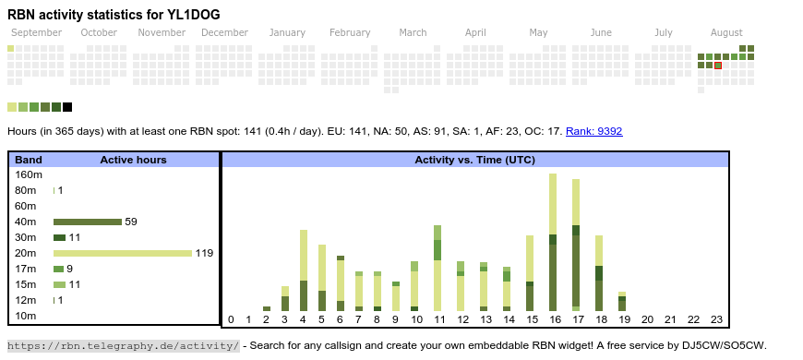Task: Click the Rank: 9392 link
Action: pos(594,131)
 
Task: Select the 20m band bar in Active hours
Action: pos(123,253)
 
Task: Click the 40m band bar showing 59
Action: pos(88,222)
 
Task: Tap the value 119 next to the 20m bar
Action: pos(204,253)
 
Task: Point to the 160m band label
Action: pos(29,174)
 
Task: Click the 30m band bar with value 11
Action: pos(59,237)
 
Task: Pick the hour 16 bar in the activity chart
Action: pos(553,242)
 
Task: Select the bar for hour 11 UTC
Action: pos(437,269)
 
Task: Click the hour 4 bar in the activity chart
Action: pos(303,270)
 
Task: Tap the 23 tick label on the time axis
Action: pos(716,319)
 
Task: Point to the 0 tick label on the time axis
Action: pos(231,319)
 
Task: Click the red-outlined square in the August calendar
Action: pos(718,65)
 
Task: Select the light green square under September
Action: pos(11,49)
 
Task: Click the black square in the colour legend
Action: pos(67,107)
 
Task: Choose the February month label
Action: pos(350,32)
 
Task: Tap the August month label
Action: pos(726,32)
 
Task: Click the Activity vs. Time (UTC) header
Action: pos(474,160)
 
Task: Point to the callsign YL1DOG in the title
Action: pos(194,15)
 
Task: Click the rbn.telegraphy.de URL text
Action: pos(124,345)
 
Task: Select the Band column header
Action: pos(29,160)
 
